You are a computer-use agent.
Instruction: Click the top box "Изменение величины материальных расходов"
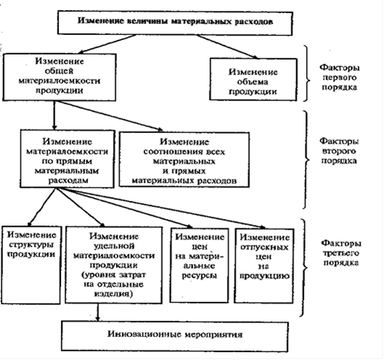click(175, 23)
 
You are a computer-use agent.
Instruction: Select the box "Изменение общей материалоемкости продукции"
click(59, 77)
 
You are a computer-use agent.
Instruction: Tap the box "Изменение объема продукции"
click(253, 79)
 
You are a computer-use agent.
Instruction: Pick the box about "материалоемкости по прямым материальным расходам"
click(68, 159)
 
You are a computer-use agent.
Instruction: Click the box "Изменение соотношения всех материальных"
click(185, 160)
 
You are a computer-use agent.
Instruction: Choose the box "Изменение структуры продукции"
click(31, 265)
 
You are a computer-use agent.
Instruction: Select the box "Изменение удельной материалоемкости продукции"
click(113, 265)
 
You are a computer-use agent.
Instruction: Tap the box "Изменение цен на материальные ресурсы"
click(199, 265)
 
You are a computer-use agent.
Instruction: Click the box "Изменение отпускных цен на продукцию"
click(264, 266)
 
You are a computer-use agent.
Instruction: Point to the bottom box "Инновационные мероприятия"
click(175, 337)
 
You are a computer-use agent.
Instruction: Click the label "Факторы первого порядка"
click(340, 77)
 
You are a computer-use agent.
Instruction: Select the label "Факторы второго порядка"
click(339, 151)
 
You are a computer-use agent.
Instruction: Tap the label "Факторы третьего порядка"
click(341, 253)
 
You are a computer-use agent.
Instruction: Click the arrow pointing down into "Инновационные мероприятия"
click(98, 313)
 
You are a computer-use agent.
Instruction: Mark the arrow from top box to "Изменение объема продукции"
click(227, 47)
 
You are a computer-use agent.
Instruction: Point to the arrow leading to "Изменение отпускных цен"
click(161, 209)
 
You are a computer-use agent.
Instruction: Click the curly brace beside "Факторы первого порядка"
click(307, 73)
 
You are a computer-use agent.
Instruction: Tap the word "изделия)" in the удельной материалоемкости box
click(113, 294)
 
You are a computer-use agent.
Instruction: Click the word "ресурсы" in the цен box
click(199, 276)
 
